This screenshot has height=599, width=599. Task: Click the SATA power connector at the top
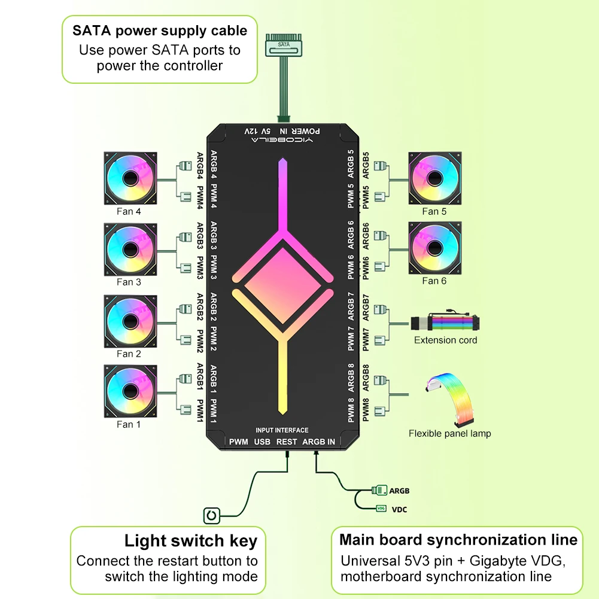[x=284, y=45]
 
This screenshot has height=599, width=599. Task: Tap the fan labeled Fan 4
[x=130, y=178]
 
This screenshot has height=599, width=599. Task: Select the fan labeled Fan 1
[x=130, y=391]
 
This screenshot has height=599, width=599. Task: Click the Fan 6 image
[x=434, y=248]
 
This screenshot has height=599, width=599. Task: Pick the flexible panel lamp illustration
[x=451, y=400]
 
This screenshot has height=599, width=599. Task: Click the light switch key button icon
[x=212, y=516]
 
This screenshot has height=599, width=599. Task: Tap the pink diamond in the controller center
[x=282, y=286]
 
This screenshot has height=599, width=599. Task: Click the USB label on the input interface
[x=262, y=442]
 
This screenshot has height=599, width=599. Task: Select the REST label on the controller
[x=287, y=442]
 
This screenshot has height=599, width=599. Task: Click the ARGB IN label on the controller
[x=318, y=442]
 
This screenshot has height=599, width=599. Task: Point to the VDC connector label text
[x=399, y=509]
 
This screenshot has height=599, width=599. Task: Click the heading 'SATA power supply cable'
[x=160, y=31]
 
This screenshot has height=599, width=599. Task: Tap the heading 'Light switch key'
[x=191, y=540]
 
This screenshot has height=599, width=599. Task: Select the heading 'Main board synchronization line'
[x=458, y=539]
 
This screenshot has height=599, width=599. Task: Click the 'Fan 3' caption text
[x=129, y=282]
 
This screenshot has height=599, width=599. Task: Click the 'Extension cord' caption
[x=445, y=340]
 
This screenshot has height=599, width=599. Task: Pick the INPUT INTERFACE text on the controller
[x=282, y=430]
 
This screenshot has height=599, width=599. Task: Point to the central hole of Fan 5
[x=434, y=178]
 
